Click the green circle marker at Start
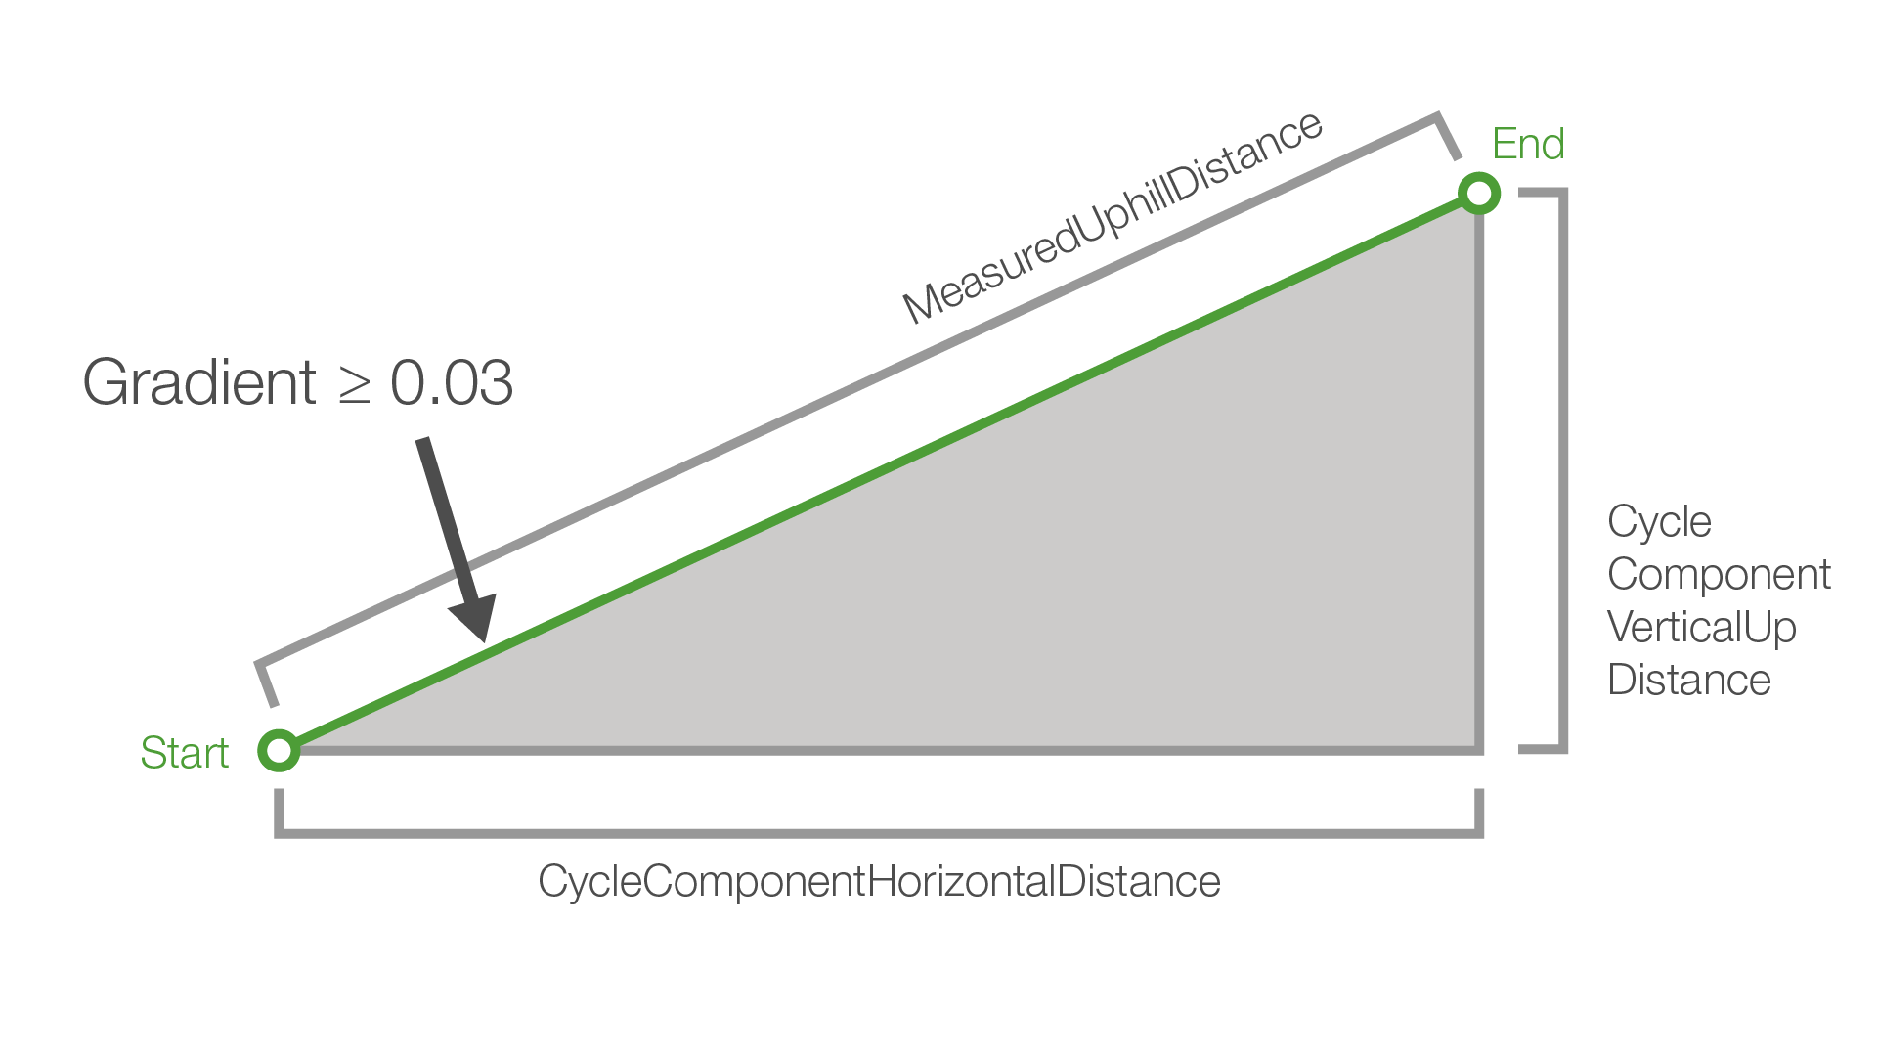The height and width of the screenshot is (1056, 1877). click(x=280, y=750)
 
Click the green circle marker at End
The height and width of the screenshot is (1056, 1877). click(x=1479, y=193)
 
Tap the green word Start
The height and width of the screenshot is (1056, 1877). click(x=184, y=753)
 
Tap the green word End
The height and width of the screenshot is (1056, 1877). click(x=1528, y=145)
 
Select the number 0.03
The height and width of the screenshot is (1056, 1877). click(x=452, y=382)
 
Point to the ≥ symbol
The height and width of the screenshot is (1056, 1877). click(x=354, y=384)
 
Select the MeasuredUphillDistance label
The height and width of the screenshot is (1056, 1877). click(x=1112, y=216)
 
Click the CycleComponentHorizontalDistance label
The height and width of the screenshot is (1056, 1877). click(x=879, y=881)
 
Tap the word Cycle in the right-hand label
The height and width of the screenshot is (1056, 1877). click(x=1659, y=522)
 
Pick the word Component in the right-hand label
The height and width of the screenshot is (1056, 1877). click(x=1719, y=575)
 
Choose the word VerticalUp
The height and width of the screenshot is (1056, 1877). click(x=1701, y=628)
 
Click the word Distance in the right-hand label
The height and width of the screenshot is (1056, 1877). click(x=1688, y=681)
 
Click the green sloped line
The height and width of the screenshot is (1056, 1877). click(x=880, y=471)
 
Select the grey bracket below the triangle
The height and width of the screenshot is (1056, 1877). click(x=879, y=833)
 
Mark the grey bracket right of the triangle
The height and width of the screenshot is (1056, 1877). click(x=1563, y=469)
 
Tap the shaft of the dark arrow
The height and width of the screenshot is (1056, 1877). click(x=445, y=518)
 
